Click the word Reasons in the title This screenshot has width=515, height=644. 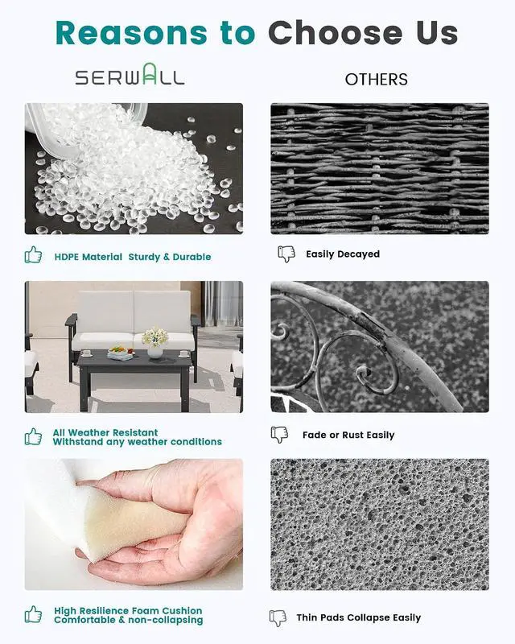click(x=132, y=33)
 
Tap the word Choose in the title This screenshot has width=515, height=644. click(x=336, y=33)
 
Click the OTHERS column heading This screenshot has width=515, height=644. click(x=376, y=79)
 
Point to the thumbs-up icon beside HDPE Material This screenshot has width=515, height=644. click(x=33, y=255)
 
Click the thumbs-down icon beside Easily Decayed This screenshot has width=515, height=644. click(x=286, y=254)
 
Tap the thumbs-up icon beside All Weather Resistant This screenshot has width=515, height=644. click(x=33, y=436)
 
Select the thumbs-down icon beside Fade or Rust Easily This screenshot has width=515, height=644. click(x=280, y=435)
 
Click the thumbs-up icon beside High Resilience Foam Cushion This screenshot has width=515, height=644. click(x=33, y=614)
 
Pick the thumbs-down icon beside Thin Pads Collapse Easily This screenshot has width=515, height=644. click(x=278, y=617)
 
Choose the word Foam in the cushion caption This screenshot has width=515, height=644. click(x=146, y=611)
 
